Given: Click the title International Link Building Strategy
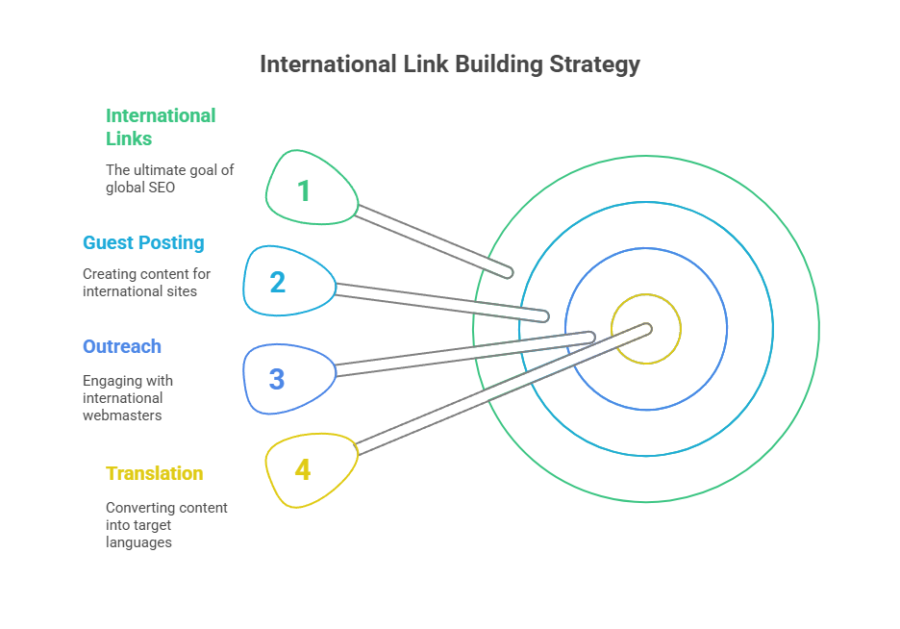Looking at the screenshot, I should pos(449,64).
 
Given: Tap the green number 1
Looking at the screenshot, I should pos(304,191).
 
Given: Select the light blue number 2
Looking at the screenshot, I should pos(277,283).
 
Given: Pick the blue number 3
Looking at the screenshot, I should pos(277,379).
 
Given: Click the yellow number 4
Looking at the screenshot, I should pos(303,470).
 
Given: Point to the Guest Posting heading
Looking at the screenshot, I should pos(143,242).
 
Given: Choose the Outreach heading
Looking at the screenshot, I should pos(122,346).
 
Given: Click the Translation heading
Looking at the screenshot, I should pos(155,473).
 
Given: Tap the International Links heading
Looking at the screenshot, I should pos(161,127).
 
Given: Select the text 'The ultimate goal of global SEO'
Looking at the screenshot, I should pos(169,178).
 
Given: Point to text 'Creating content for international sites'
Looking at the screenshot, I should pos(146,282).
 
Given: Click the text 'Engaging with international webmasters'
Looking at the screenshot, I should pos(128,397).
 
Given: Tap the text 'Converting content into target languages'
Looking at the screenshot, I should pos(166,524).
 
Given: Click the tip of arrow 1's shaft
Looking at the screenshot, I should pos(507,273).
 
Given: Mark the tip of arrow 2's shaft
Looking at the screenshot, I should pos(543,315).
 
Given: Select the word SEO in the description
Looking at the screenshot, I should pos(162,188).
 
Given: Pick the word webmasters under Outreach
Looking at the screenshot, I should pos(122,415).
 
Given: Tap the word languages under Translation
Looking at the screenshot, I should pos(138,542).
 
